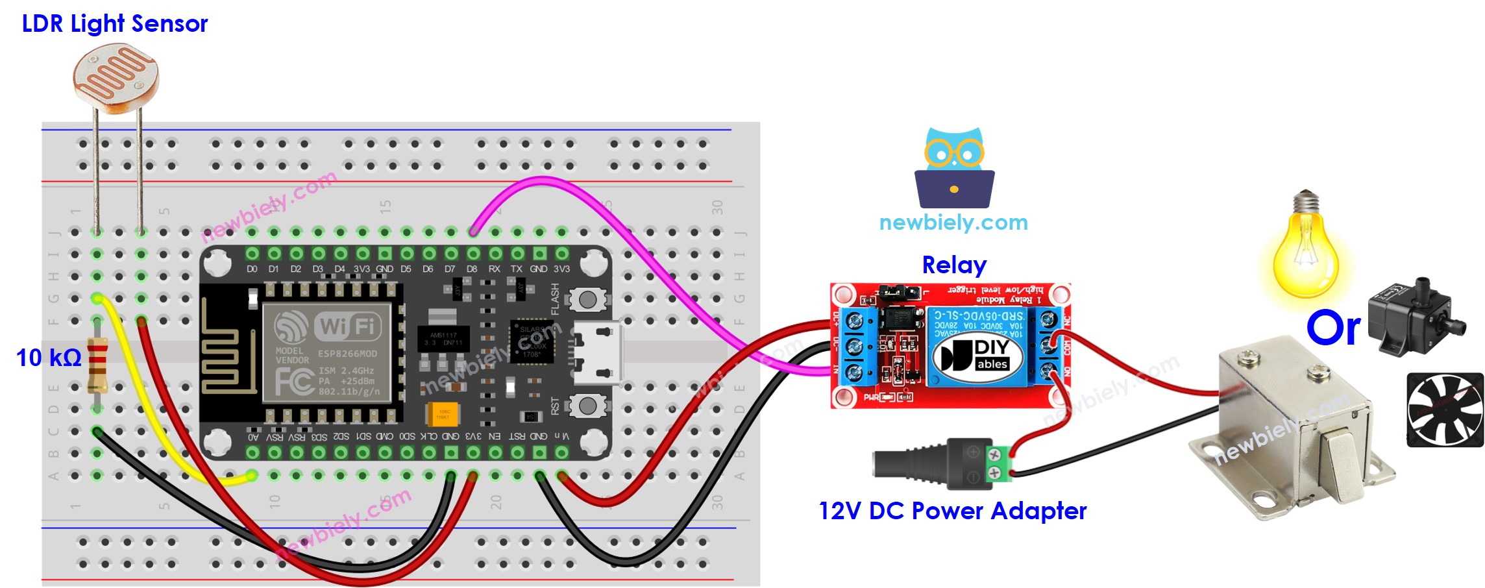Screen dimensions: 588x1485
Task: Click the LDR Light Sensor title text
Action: [115, 23]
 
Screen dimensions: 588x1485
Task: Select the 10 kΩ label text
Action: [48, 358]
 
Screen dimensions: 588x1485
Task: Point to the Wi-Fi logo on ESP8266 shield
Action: [347, 325]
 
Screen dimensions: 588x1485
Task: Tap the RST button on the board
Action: [587, 406]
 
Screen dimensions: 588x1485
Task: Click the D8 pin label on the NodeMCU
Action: [472, 269]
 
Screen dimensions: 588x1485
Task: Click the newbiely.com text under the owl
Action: [953, 223]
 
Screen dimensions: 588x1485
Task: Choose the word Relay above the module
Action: [954, 265]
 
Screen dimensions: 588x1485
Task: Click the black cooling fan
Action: [1445, 410]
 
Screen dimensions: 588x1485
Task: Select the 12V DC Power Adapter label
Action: [952, 511]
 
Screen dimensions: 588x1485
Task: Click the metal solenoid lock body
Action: [1292, 428]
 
